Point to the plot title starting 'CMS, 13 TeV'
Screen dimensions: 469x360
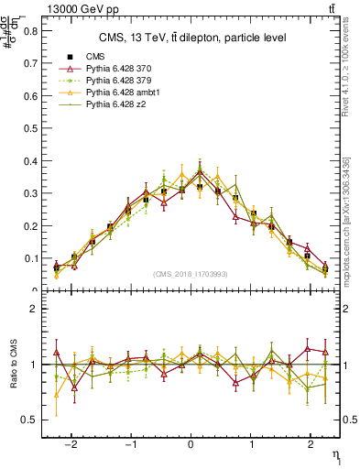[191, 38]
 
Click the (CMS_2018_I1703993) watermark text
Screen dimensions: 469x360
[191, 274]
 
